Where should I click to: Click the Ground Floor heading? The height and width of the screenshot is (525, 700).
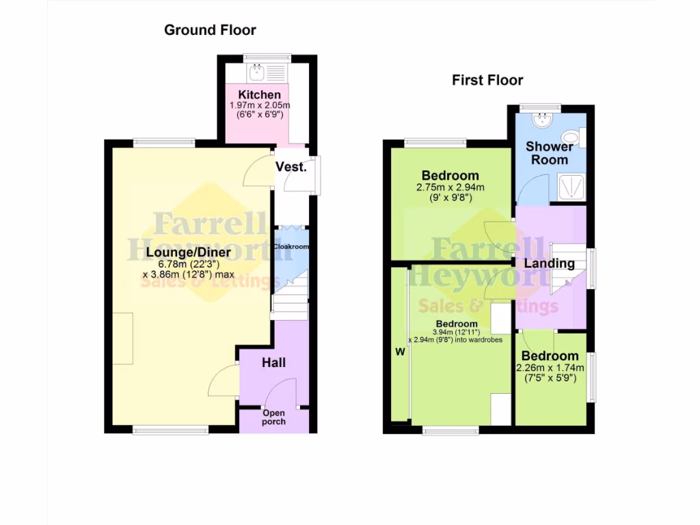[210, 30]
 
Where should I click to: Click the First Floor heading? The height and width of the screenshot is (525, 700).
[487, 80]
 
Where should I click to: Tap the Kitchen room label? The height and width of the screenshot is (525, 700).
[259, 94]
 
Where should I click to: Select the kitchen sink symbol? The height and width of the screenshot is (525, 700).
[258, 71]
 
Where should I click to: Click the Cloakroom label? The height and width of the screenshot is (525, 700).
[291, 247]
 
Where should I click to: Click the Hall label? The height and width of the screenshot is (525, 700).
[273, 362]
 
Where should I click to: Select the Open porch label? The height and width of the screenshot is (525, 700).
[273, 417]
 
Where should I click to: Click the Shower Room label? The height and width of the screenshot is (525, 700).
[550, 153]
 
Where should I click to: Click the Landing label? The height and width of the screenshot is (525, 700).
[550, 263]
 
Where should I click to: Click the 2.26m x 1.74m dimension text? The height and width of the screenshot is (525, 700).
[550, 367]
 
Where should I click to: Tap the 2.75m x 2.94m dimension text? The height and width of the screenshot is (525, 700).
[450, 187]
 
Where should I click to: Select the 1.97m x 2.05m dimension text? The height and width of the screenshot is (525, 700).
[259, 105]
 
